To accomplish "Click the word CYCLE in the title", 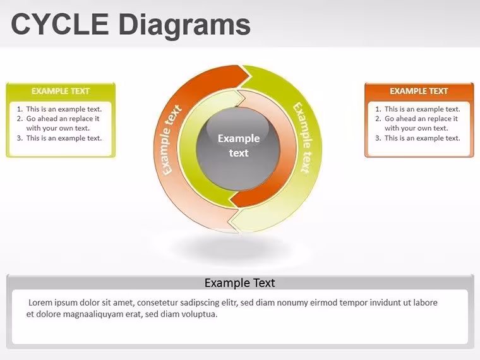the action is [60, 24].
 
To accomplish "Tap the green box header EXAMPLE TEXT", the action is [61, 91].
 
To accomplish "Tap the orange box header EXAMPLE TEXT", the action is [419, 91].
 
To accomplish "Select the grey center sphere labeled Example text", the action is [239, 148].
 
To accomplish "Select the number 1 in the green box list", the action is [20, 109].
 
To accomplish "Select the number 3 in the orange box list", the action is [378, 138].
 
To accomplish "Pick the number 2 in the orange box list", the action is [378, 119].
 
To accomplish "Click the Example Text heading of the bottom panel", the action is [240, 283].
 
